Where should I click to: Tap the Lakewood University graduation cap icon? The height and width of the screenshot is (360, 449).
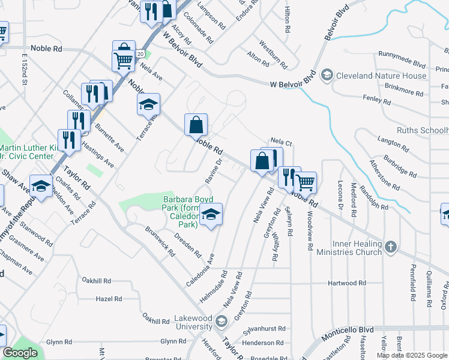tap(221, 322)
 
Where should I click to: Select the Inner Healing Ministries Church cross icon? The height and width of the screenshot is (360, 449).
tap(391, 247)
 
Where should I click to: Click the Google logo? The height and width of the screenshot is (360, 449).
tap(20, 353)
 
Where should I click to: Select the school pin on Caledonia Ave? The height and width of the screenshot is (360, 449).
tap(211, 214)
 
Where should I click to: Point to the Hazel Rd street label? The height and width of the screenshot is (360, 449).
tap(109, 298)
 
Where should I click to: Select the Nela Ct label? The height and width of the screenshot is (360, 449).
tap(280, 143)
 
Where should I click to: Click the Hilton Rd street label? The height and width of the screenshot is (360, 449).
tap(288, 20)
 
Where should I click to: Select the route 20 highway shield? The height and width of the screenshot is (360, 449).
tap(139, 54)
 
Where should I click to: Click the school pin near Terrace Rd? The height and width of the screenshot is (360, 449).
tap(148, 104)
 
